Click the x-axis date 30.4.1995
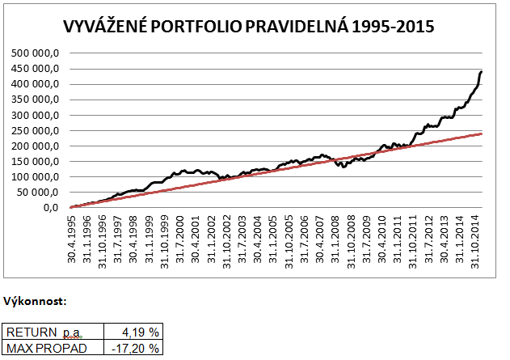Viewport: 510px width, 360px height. point(73,237)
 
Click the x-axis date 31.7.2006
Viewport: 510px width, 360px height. point(305,237)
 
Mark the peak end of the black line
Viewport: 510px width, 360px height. point(482,72)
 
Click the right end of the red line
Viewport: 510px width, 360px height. point(482,133)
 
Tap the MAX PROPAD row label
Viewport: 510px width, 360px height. point(44,348)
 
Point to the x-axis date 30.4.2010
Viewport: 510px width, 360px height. point(381,237)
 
